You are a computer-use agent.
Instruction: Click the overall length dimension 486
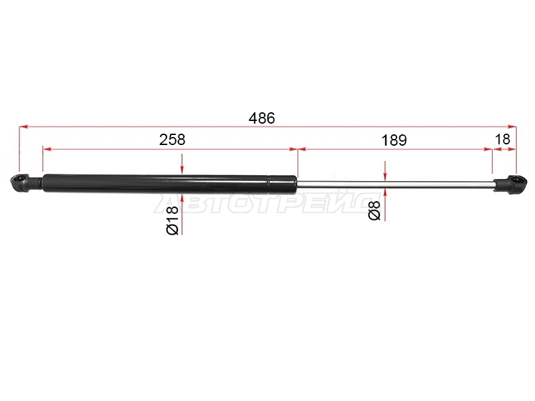(261, 118)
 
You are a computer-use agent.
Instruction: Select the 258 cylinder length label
(173, 140)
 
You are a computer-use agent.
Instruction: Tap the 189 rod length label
(394, 140)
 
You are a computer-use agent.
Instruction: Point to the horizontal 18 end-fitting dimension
(502, 140)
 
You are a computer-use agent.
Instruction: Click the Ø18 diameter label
(173, 221)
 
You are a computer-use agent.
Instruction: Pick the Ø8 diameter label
(374, 211)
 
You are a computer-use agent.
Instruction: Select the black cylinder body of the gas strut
(170, 183)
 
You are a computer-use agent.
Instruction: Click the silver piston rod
(395, 184)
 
